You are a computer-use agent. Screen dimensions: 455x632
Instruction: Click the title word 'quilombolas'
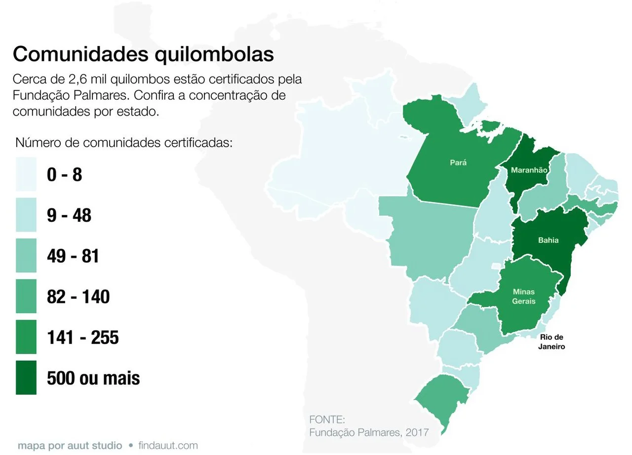tap(214, 54)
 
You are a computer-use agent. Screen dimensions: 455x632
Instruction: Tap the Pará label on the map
tap(458, 162)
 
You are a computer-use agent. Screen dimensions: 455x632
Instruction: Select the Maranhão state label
tap(529, 170)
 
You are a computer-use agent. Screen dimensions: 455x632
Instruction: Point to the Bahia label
tap(549, 240)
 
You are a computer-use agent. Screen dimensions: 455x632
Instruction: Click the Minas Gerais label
tap(524, 296)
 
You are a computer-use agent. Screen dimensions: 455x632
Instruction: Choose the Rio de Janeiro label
tap(552, 342)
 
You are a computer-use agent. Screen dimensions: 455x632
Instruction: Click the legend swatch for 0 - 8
tap(26, 174)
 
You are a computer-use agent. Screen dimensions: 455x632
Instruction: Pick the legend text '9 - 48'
tap(69, 215)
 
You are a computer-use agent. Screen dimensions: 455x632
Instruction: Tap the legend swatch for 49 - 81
tap(26, 256)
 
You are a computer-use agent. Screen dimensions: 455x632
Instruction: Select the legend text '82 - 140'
tap(78, 297)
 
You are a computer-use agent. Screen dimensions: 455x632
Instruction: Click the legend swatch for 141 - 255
tap(26, 337)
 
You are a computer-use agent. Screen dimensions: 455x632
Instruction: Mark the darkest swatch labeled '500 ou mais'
tap(26, 378)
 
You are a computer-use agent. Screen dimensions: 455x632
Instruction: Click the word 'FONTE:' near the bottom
tap(326, 419)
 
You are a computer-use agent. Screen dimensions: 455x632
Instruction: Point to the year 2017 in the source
tap(416, 432)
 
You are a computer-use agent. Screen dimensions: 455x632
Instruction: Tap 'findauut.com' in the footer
tap(168, 446)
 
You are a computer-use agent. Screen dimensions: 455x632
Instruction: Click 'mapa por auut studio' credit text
tap(70, 446)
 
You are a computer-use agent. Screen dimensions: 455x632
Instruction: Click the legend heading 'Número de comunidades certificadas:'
tap(124, 143)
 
